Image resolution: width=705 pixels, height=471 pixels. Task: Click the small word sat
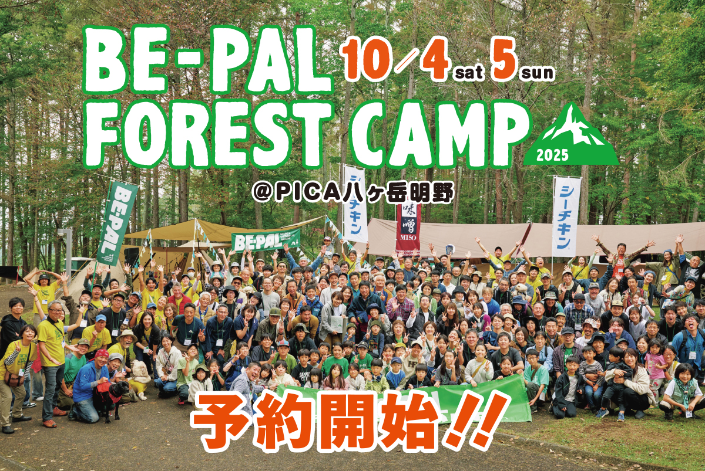[469, 73]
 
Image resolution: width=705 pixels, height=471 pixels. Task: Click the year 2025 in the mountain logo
[552, 155]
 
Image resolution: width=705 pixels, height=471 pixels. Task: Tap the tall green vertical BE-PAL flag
[117, 223]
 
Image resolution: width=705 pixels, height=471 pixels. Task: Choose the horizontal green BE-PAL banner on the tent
[266, 240]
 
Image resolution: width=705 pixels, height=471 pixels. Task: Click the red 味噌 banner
[408, 227]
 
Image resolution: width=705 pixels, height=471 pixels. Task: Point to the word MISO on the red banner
[408, 238]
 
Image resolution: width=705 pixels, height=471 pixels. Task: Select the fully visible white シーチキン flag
[566, 216]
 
